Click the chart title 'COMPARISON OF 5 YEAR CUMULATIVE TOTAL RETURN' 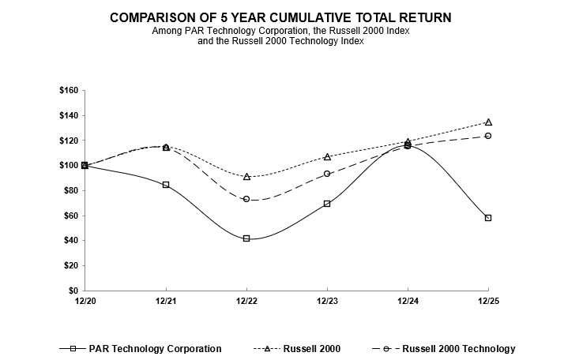point(282,17)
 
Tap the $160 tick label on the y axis point(67,91)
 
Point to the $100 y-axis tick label point(67,166)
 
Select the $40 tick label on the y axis point(70,241)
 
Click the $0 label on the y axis point(72,291)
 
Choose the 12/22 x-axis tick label point(246,302)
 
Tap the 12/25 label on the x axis point(488,302)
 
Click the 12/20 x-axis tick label point(85,302)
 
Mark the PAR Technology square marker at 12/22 point(246,238)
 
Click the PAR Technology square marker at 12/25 point(488,218)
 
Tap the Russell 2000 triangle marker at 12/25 point(488,122)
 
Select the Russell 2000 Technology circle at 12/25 point(488,136)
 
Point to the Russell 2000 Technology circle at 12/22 point(246,199)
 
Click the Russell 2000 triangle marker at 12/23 point(327,157)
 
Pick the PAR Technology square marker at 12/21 point(166,185)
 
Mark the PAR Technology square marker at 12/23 point(327,204)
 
